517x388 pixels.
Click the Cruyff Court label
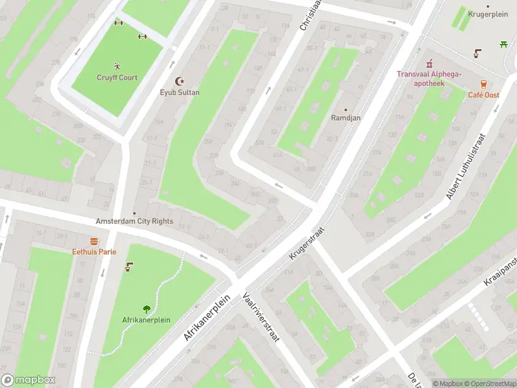(117, 78)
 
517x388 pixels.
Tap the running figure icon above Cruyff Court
(117, 66)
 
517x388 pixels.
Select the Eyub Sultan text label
(180, 92)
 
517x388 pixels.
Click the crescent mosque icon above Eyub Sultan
(180, 81)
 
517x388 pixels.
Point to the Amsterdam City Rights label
(134, 221)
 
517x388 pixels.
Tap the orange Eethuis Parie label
(94, 252)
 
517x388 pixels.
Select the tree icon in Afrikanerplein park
(147, 309)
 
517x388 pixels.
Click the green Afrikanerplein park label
(147, 320)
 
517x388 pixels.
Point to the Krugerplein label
(487, 14)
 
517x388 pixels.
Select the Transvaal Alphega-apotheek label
(429, 78)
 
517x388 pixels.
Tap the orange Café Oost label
(483, 95)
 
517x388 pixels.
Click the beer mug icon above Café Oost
(483, 84)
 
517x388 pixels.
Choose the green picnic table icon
(503, 44)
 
